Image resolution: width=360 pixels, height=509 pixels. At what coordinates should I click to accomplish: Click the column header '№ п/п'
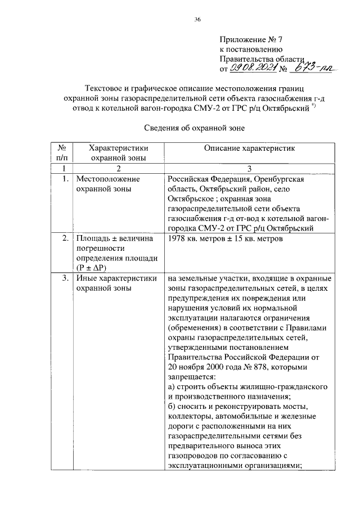[x=62, y=152]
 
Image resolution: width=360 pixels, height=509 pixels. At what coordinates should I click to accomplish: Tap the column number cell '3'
[x=249, y=168]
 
